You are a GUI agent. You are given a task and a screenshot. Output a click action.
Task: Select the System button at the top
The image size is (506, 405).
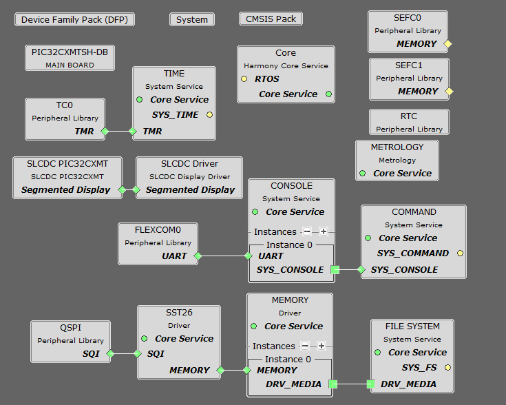pyautogui.click(x=192, y=20)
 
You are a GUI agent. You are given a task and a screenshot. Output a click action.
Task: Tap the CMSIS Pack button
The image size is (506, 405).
pyautogui.click(x=271, y=19)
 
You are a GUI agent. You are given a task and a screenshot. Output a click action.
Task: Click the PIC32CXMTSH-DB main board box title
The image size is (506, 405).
pyautogui.click(x=70, y=52)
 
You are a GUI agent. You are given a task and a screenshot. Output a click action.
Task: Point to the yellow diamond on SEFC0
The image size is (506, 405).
pyautogui.click(x=447, y=44)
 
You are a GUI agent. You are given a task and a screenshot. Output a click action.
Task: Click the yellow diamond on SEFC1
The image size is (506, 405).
pyautogui.click(x=449, y=91)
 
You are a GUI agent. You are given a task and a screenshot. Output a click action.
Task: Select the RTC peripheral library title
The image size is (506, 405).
pyautogui.click(x=409, y=116)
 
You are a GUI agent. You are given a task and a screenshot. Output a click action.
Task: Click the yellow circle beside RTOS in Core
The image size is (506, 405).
pyautogui.click(x=244, y=79)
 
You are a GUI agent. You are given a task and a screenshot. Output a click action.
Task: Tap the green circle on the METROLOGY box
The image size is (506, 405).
pyautogui.click(x=363, y=174)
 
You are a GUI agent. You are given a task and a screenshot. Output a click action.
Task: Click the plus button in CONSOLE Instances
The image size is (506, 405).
pyautogui.click(x=322, y=231)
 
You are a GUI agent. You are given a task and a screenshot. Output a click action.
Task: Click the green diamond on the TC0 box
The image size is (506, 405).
pyautogui.click(x=105, y=131)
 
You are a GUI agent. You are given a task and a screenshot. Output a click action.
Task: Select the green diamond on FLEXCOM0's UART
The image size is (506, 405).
pyautogui.click(x=198, y=256)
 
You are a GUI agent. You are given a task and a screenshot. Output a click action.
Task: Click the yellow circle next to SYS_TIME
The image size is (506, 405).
pyautogui.click(x=209, y=115)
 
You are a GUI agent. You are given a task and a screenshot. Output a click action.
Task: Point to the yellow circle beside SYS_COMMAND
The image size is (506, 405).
pyautogui.click(x=460, y=253)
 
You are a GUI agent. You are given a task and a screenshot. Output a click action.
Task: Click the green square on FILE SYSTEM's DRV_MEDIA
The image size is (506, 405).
pyautogui.click(x=370, y=384)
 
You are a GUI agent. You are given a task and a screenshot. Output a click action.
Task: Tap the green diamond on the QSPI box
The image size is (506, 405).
pyautogui.click(x=110, y=354)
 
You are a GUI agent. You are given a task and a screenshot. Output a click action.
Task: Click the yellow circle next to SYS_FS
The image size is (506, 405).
pyautogui.click(x=448, y=368)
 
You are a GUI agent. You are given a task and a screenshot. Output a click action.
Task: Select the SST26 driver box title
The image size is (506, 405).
pyautogui.click(x=179, y=313)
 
